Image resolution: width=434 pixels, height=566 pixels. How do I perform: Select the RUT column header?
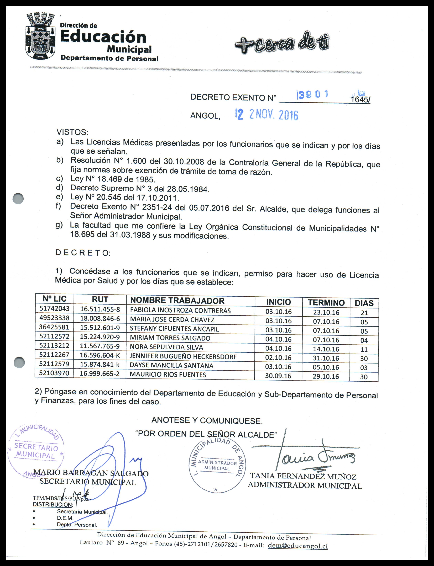pyautogui.click(x=100, y=299)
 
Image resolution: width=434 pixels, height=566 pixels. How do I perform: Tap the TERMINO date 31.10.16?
pyautogui.click(x=326, y=358)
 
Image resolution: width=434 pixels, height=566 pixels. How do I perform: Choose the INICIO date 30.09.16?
pyautogui.click(x=278, y=376)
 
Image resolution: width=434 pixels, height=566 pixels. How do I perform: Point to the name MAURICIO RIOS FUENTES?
pyautogui.click(x=168, y=375)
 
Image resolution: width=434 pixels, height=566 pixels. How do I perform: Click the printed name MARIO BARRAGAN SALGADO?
pyautogui.click(x=91, y=473)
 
